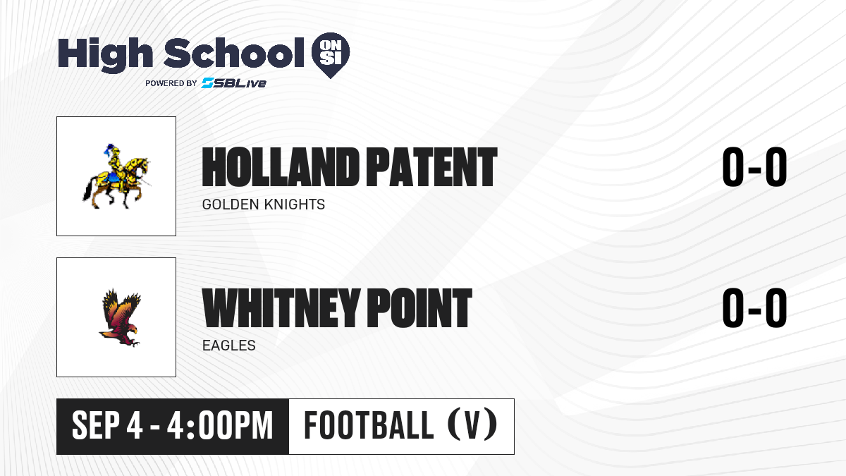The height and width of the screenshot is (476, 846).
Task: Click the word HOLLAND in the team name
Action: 281,167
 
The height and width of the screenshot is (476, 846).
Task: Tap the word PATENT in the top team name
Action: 431,167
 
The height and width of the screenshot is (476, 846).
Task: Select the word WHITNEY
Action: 281,308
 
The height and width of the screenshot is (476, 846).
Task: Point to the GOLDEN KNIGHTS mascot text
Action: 263,205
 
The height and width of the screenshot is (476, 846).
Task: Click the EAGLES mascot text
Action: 229,346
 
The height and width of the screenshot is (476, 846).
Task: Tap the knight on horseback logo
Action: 116,176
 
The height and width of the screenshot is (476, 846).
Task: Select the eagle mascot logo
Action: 120,317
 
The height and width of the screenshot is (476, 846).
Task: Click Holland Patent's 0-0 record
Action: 754,167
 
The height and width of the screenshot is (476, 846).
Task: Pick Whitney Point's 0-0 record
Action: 754,308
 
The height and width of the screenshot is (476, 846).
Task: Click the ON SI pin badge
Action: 331,55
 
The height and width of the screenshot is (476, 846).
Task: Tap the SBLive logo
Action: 233,83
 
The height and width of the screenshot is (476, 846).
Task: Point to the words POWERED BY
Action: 171,83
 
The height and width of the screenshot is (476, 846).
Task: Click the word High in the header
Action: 105,54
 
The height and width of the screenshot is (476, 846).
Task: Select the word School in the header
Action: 234,53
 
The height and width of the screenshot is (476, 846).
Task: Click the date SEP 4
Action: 107,426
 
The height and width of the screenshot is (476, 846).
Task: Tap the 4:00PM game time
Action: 220,426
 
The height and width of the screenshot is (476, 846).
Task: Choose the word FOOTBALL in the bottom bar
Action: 369,425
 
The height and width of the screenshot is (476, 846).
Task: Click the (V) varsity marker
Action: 472,425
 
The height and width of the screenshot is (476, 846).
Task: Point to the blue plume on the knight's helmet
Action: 109,150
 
